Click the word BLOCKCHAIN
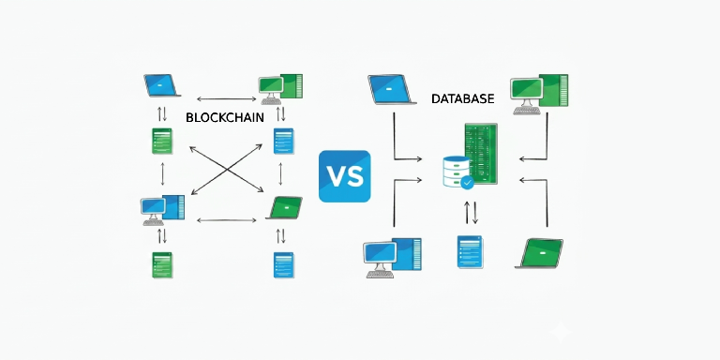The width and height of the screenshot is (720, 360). (225, 117)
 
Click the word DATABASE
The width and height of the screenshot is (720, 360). (463, 98)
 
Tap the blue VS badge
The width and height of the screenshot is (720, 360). (344, 176)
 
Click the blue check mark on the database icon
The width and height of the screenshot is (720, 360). (468, 183)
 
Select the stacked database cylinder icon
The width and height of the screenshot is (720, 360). (457, 171)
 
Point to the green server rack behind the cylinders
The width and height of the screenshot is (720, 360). (481, 154)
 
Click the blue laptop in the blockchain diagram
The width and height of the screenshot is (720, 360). (161, 85)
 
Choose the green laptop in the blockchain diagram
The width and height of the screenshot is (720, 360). (285, 208)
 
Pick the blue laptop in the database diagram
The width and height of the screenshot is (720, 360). (390, 90)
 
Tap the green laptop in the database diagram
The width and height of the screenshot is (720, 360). (540, 253)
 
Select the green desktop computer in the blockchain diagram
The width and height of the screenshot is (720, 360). (280, 89)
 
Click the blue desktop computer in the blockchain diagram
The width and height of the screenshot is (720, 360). (162, 210)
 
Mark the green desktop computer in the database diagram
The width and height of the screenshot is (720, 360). (540, 94)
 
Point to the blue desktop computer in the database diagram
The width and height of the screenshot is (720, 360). (392, 258)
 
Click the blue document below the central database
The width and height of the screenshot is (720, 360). (471, 251)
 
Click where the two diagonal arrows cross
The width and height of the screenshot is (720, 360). (226, 170)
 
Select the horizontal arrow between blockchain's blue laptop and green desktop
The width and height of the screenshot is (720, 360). (226, 98)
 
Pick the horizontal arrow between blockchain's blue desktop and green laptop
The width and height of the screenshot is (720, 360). (226, 220)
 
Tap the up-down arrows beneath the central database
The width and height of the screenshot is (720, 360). (471, 213)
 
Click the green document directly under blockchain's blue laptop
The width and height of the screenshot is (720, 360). (162, 141)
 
